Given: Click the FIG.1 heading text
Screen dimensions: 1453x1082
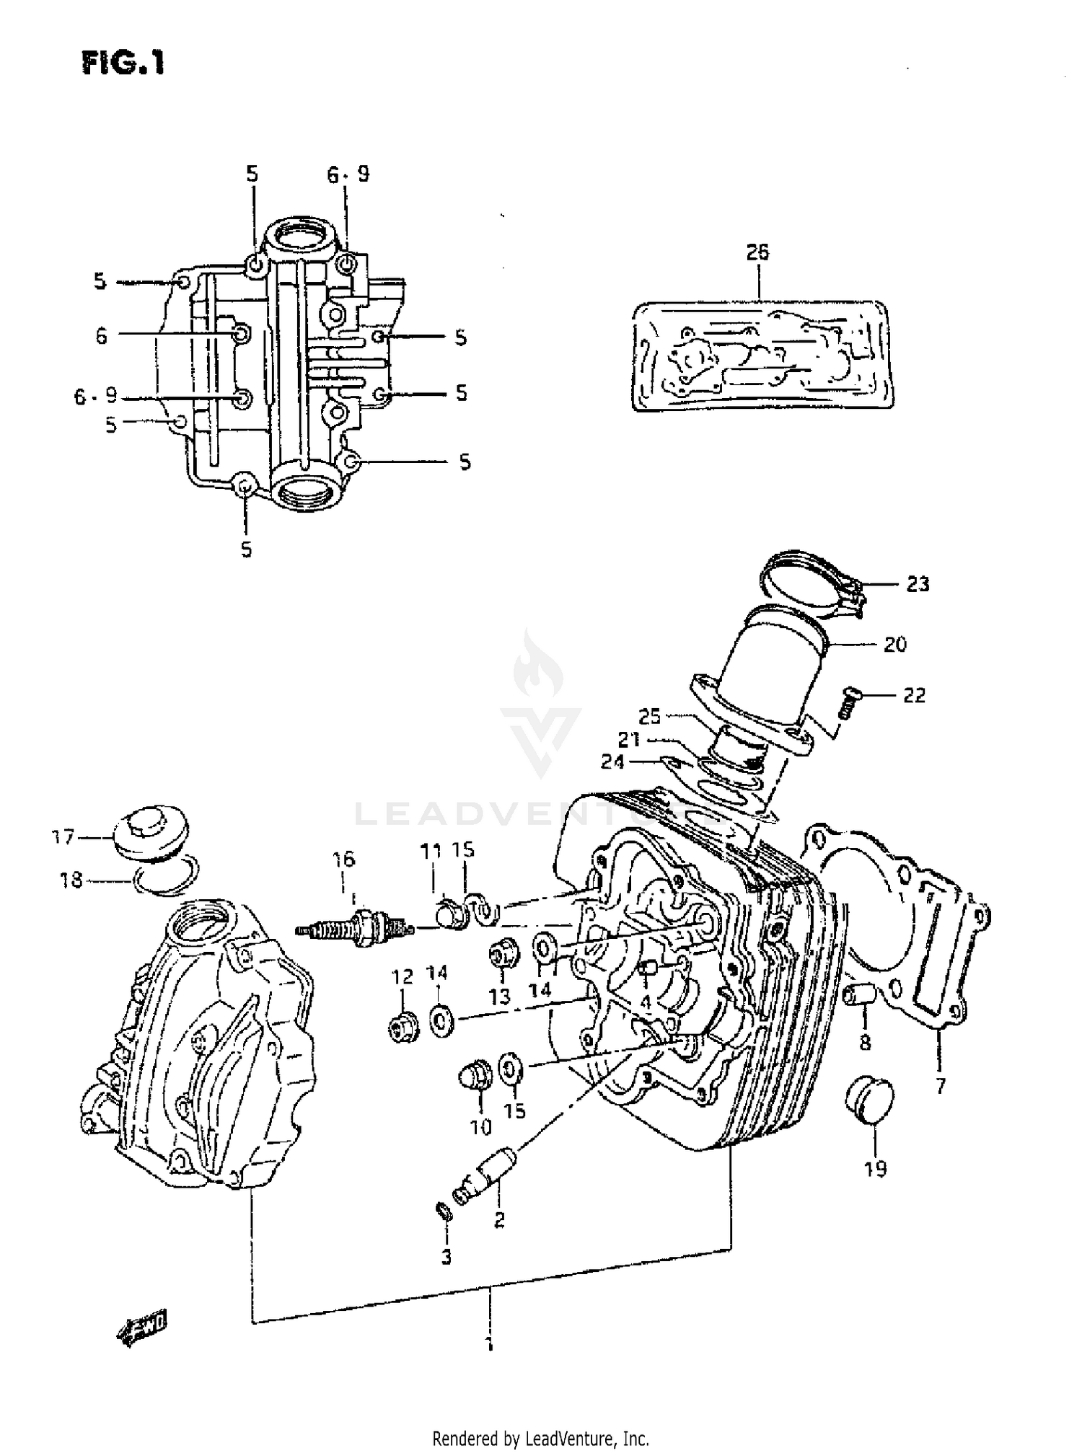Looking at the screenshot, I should click(x=123, y=63).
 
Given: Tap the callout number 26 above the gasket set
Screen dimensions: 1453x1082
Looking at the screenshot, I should click(x=757, y=252).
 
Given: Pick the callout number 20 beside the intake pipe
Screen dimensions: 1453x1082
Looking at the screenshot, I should click(x=894, y=644).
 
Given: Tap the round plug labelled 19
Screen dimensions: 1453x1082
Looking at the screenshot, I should click(x=868, y=1102).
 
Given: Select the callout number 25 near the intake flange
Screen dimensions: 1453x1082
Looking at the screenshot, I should click(x=649, y=717).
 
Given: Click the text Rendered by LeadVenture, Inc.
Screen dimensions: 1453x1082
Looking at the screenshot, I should click(x=540, y=1439).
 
